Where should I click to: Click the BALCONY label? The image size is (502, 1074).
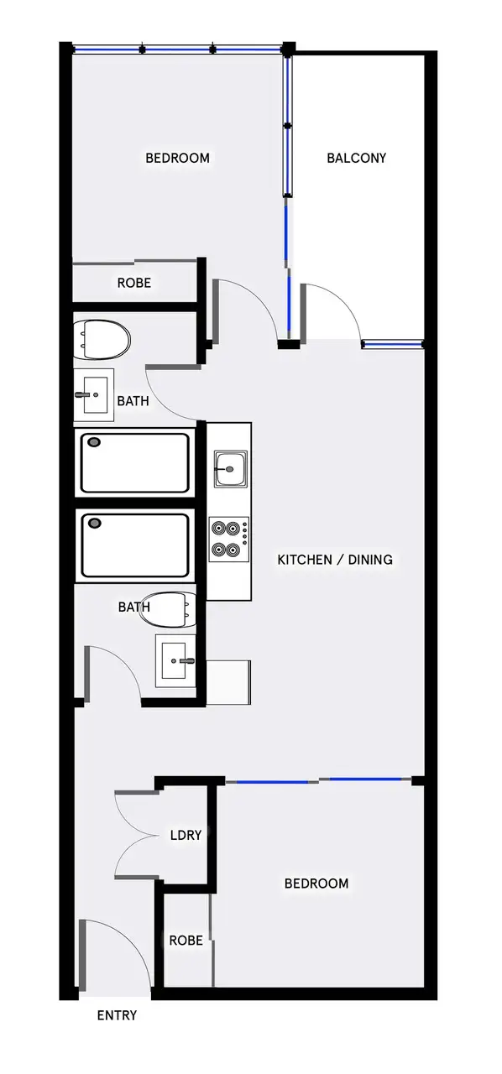click(356, 158)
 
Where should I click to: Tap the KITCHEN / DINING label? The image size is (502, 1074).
click(335, 560)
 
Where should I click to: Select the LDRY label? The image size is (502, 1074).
click(185, 836)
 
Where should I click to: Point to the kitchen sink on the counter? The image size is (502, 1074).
click(228, 468)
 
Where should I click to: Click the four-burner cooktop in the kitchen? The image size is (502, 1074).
click(228, 539)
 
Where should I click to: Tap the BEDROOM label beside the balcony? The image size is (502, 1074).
click(177, 158)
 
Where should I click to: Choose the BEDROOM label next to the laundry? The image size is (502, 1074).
click(316, 884)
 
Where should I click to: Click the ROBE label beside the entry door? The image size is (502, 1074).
click(186, 941)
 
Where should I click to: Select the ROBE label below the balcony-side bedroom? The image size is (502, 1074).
click(134, 284)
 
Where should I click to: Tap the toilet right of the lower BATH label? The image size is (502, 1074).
click(169, 610)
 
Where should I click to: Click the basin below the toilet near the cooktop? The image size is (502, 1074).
click(175, 661)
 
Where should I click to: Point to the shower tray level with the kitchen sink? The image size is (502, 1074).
click(134, 462)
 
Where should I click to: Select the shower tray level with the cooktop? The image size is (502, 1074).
click(134, 545)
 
